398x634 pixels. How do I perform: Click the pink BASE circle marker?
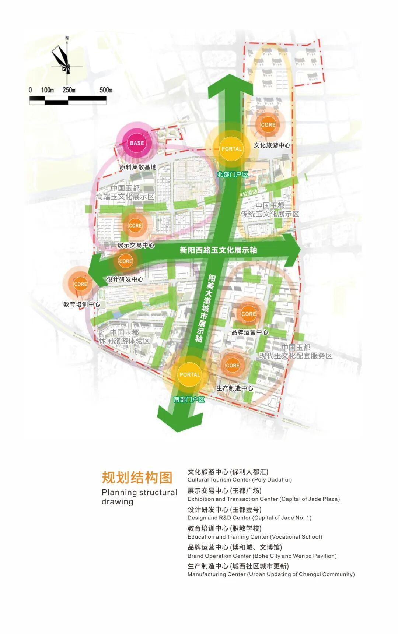[x=137, y=143]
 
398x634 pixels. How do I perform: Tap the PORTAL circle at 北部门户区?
[x=231, y=149]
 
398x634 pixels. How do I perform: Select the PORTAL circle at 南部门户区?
[x=189, y=374]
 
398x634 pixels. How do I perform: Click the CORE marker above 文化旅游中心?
[x=268, y=125]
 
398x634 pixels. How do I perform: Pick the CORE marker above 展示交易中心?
[x=135, y=225]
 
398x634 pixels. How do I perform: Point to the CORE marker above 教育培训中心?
[x=80, y=284]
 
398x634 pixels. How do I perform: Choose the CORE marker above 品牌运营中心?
[x=248, y=314]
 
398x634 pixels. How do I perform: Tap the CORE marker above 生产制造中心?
[x=233, y=365]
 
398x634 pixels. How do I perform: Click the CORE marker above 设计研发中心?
[x=125, y=261]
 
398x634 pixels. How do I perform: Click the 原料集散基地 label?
[x=138, y=167]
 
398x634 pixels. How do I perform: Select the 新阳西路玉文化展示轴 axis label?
[x=218, y=250]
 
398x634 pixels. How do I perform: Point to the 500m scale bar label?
[x=106, y=90]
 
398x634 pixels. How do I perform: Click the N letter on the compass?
[x=67, y=38]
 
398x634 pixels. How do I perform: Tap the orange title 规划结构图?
[x=137, y=478]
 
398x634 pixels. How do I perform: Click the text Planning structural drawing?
[x=139, y=497]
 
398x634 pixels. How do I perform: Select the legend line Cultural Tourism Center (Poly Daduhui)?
[x=240, y=480]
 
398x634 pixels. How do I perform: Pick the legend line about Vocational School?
[x=255, y=537]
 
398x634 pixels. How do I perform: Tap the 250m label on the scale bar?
[x=69, y=90]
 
